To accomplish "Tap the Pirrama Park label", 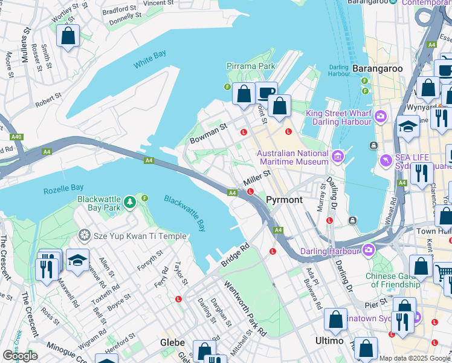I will (251, 66).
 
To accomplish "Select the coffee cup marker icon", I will (266, 93).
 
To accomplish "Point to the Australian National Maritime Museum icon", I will (338, 157).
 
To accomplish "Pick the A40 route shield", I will (16, 137).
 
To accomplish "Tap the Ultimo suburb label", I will (329, 341).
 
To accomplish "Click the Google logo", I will (20, 356).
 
